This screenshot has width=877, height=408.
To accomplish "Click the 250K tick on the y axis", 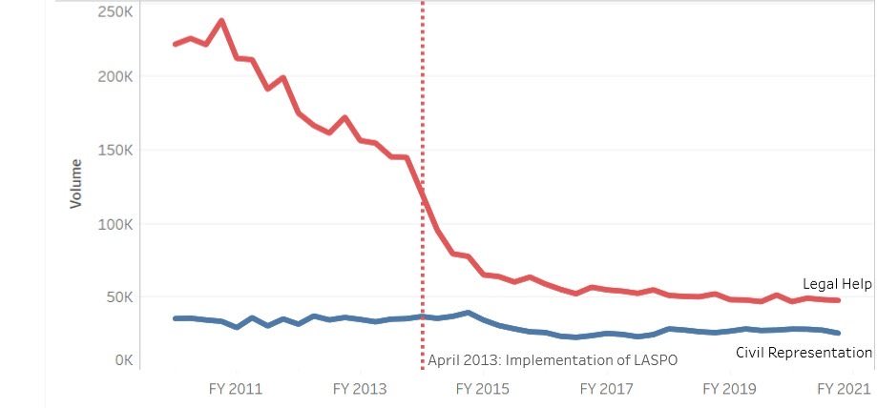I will click(x=115, y=12).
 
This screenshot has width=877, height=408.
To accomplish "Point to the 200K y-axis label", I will click(x=115, y=76).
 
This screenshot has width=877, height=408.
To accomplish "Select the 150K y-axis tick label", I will click(x=115, y=151).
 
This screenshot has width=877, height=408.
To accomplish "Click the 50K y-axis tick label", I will click(x=119, y=297).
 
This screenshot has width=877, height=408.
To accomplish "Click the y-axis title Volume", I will click(x=75, y=184).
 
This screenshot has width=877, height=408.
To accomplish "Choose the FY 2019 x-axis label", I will click(x=728, y=389).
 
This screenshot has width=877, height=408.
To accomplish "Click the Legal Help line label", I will click(x=836, y=284).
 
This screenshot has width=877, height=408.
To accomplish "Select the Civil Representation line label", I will click(x=804, y=353).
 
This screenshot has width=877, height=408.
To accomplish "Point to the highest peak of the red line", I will click(x=221, y=20).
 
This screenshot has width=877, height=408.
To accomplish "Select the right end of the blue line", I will click(x=838, y=333).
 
